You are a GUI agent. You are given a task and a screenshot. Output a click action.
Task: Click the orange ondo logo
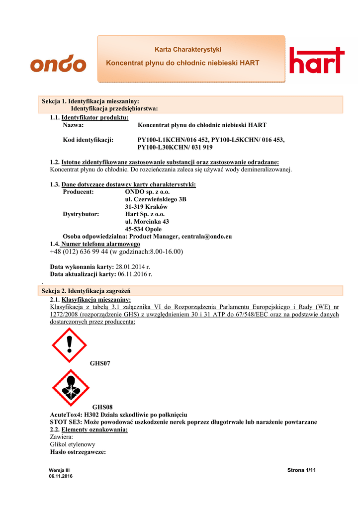[58, 64]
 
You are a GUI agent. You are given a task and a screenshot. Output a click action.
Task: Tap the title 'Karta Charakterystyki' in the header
[188, 50]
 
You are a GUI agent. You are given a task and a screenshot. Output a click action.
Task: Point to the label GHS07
[100, 364]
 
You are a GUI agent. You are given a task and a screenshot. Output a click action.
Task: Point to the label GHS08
[102, 407]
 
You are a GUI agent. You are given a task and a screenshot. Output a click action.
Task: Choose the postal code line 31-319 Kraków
[146, 207]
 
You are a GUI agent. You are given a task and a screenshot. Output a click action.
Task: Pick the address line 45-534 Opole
[143, 229]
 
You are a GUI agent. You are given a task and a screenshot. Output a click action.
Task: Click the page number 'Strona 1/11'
[302, 470]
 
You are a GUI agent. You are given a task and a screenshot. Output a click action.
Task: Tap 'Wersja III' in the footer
[60, 470]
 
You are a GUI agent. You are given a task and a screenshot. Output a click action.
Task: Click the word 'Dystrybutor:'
[81, 214]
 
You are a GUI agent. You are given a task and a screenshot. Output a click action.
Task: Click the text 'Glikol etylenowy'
[73, 444]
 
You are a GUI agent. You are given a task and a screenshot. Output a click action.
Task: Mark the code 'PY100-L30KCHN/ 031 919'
[175, 148]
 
